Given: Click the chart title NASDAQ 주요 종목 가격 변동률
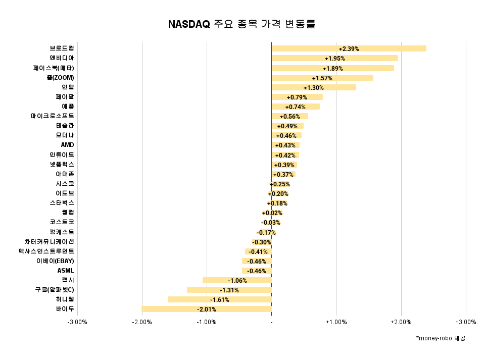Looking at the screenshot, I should pos(241,24).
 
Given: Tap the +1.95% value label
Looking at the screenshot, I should pos(334,59).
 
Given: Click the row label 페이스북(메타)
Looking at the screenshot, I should pos(53,68).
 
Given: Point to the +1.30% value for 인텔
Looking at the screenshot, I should pos(313,87).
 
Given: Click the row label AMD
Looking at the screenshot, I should pos(67,145).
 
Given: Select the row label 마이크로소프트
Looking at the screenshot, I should pos(52,116).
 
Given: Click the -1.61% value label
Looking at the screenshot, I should pos(219,299).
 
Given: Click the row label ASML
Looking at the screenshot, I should pos(66,271).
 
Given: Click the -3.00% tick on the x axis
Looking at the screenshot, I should pos(77,322).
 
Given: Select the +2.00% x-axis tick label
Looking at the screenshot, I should pos(401,322).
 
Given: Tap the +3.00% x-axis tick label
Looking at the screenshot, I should pos(465,322).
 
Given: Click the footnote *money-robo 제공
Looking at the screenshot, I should pos(441,338).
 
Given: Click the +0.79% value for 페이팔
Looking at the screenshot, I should pos(297,97).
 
